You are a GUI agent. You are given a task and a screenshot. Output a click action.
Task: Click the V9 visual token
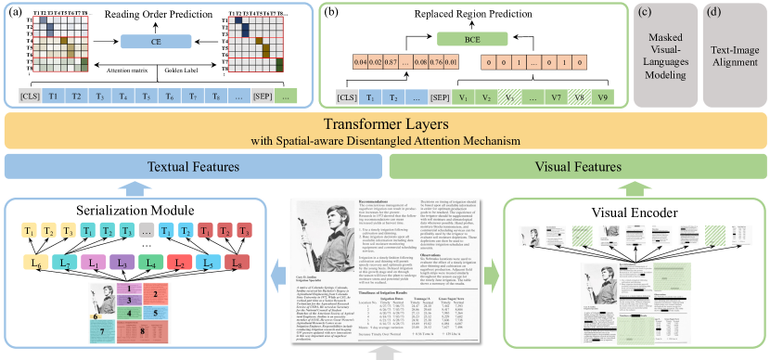[x=605, y=96]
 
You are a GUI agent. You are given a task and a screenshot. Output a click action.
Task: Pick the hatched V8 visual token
[x=578, y=96]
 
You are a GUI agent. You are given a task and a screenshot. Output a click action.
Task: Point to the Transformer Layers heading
[x=385, y=124]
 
